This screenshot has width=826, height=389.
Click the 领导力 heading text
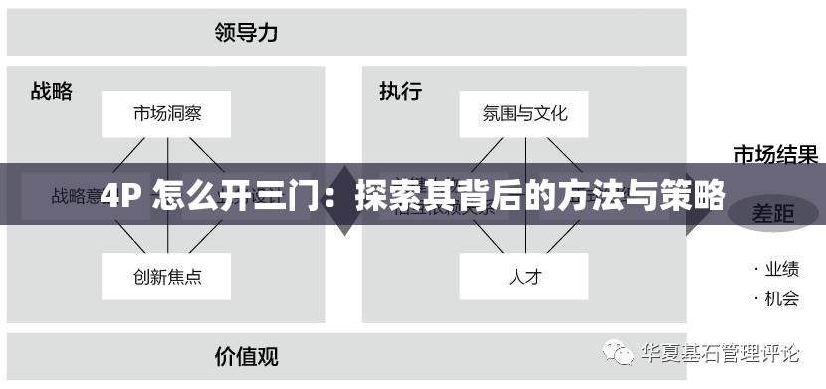click(x=246, y=32)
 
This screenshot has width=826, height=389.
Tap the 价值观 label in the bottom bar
click(x=246, y=354)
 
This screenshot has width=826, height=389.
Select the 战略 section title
click(x=52, y=92)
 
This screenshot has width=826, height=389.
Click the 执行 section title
click(x=400, y=92)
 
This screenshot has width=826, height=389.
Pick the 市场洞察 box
click(x=166, y=113)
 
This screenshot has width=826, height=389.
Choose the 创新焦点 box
click(x=166, y=276)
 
